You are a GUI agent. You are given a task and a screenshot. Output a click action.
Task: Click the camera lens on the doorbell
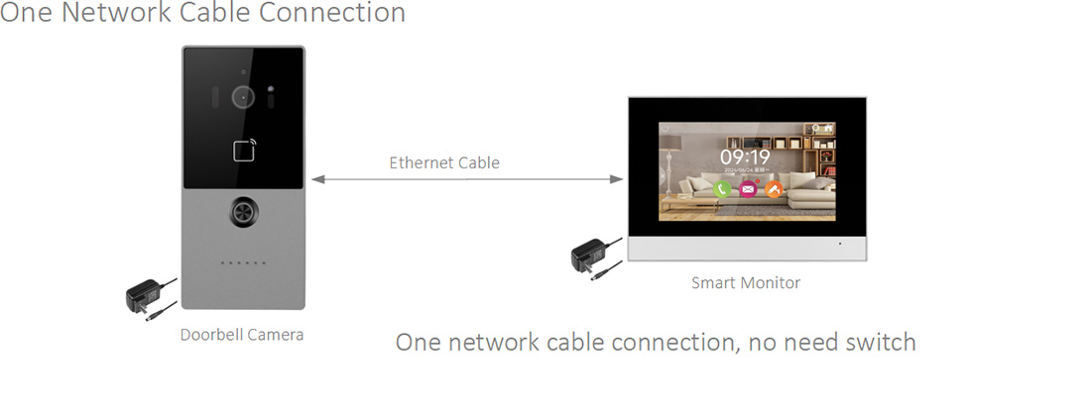(241, 96)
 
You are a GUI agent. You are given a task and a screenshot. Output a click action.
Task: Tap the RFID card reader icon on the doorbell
(244, 152)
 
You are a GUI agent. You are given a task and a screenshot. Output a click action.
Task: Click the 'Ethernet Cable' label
(444, 162)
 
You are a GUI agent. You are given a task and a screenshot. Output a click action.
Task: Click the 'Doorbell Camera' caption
(242, 335)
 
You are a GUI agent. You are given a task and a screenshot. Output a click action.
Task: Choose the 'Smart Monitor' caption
(746, 283)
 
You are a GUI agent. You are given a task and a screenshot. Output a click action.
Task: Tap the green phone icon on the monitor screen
(722, 188)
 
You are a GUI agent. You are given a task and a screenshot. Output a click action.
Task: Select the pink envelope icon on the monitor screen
(747, 188)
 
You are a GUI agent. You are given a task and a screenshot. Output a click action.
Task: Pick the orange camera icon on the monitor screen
(773, 188)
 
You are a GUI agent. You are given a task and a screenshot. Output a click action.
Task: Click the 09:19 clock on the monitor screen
(745, 156)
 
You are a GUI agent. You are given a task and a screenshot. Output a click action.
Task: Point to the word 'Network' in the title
(111, 13)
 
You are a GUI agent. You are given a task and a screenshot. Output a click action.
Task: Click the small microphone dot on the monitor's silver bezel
(839, 244)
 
